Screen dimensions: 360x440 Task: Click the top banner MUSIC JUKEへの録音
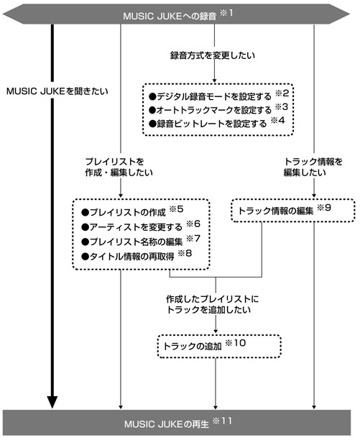[x=176, y=14]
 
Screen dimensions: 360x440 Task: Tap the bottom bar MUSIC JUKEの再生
[x=177, y=423]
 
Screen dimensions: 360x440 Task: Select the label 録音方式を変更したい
[x=213, y=55]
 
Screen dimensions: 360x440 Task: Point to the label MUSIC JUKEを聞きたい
[x=57, y=91]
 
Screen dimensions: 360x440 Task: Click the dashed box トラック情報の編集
[x=293, y=211]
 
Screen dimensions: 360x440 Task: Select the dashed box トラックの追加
[x=219, y=346]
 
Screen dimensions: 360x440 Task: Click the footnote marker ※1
[x=226, y=13]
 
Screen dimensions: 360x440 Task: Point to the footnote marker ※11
[x=222, y=421]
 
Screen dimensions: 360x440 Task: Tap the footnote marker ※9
[x=324, y=208]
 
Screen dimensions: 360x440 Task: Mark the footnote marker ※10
[x=236, y=343]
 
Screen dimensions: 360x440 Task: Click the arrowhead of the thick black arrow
[x=52, y=402]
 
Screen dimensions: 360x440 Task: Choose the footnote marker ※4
[x=277, y=121]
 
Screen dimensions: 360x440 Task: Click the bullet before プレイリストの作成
[x=85, y=213]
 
